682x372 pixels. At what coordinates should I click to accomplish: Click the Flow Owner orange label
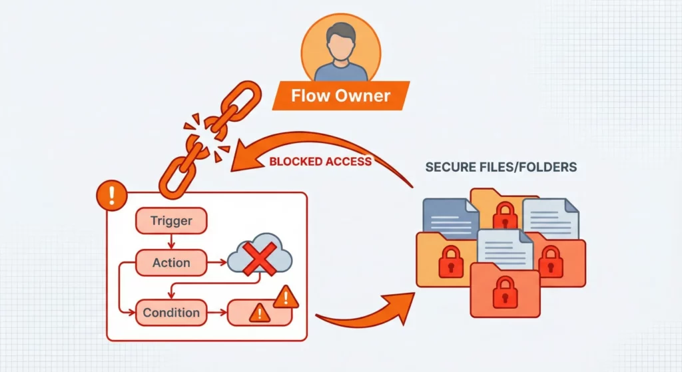click(340, 95)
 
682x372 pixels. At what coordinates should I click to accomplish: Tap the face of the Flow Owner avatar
click(340, 41)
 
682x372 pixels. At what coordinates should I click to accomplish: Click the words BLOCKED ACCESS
click(320, 161)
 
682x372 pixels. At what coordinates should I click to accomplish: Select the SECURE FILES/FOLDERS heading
click(501, 166)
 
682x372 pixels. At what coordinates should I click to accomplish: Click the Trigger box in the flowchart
click(172, 221)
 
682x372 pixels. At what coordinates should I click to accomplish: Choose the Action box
click(171, 263)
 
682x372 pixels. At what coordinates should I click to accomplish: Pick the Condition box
click(171, 312)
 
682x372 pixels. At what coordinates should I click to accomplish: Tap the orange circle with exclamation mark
click(111, 195)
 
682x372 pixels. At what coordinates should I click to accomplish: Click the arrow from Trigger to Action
click(172, 242)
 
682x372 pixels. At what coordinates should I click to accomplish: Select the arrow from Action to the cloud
click(217, 263)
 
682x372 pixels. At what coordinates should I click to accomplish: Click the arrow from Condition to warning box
click(217, 312)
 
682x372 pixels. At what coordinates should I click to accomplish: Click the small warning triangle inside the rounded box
click(256, 313)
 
